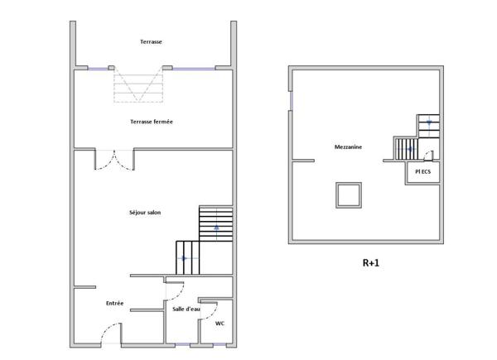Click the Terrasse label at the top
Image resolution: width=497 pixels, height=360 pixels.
151,42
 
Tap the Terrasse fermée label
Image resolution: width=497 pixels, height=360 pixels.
152,122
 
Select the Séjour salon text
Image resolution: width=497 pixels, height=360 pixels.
145,213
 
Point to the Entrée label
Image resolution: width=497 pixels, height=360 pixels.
114,304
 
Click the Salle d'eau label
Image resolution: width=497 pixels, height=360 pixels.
186,309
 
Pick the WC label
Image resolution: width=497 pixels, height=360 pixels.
220,324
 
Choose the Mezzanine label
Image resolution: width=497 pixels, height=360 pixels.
348,147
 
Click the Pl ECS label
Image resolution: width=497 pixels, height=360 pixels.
422,171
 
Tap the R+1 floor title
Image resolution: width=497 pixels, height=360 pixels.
370,263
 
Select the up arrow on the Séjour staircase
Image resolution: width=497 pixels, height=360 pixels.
216,227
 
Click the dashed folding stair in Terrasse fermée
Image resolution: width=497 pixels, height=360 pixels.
138,84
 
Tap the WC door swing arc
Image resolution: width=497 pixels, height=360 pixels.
213,314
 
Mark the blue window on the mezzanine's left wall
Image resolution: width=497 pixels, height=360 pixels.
291,101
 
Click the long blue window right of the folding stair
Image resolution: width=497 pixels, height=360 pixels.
194,69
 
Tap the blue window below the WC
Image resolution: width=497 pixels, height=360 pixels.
220,344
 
